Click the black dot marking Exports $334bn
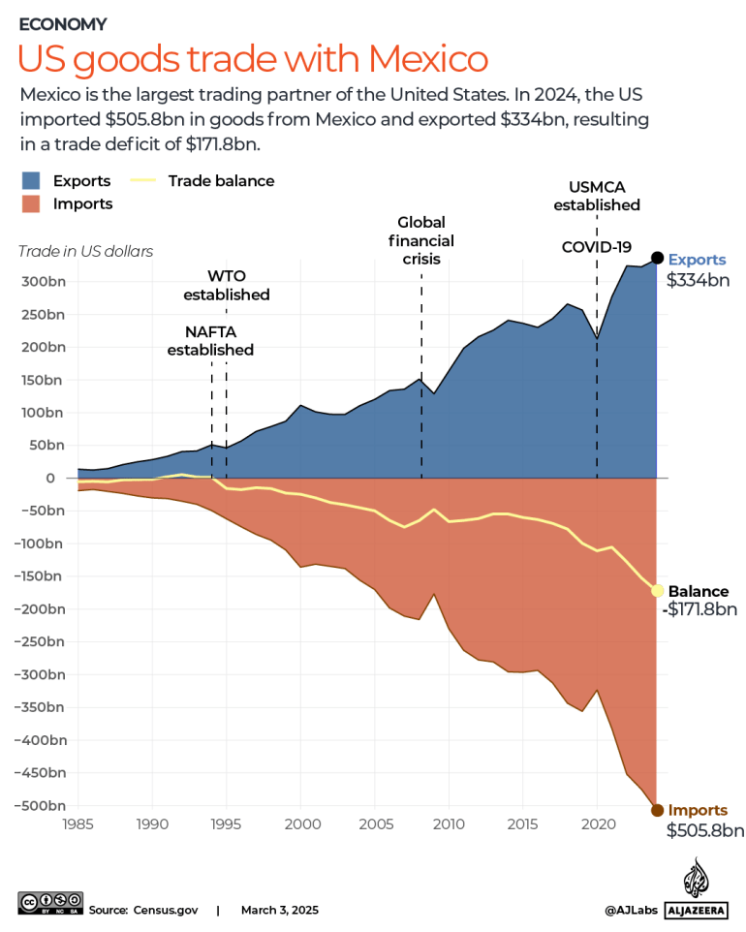tap(657, 258)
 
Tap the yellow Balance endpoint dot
tap(657, 590)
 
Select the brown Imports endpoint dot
tap(657, 810)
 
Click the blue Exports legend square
tap(31, 181)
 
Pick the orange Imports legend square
tap(31, 204)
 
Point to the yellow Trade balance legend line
tap(144, 181)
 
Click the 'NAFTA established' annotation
tap(210, 340)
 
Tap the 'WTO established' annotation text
tap(227, 284)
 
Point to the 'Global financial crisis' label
tap(420, 240)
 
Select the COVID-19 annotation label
tap(597, 247)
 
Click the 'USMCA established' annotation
tap(597, 196)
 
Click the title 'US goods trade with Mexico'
tap(252, 59)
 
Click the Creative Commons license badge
tap(49, 910)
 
